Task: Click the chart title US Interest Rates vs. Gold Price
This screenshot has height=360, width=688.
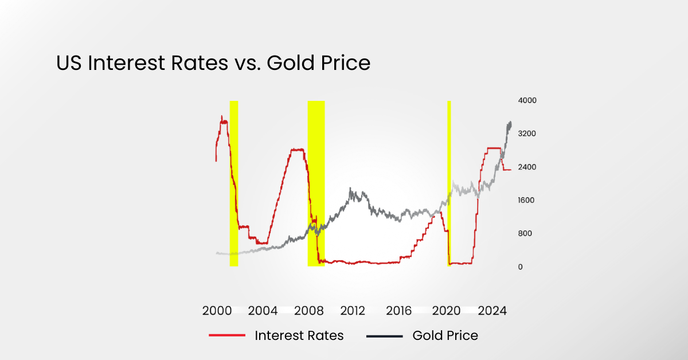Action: click(213, 63)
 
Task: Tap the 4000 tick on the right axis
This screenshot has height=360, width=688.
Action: click(527, 101)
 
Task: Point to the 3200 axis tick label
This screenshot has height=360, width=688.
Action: click(527, 134)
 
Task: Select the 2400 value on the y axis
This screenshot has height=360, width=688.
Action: click(527, 167)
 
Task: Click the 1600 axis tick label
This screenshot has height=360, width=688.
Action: click(527, 201)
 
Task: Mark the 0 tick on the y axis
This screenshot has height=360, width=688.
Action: click(520, 267)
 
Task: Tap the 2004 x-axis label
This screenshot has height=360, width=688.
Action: click(263, 311)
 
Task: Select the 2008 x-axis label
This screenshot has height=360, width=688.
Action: click(308, 311)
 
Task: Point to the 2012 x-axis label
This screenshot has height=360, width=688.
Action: click(353, 311)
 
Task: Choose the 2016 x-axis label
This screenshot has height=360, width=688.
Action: click(399, 311)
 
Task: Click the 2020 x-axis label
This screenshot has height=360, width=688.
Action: click(446, 311)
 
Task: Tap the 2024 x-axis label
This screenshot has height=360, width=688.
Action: click(492, 311)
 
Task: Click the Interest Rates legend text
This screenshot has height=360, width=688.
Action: click(299, 336)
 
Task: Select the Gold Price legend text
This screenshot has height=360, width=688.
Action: click(445, 336)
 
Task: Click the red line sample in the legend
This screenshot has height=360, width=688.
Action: click(227, 336)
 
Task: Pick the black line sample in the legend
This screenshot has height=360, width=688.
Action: click(384, 336)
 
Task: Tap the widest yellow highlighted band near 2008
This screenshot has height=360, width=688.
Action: click(316, 183)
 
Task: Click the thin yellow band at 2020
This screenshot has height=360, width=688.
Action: click(449, 183)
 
